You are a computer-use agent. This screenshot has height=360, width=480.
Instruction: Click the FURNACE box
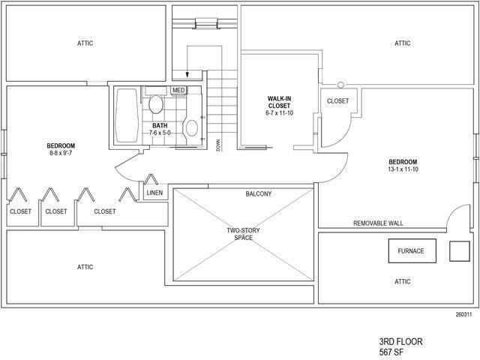tap(410, 250)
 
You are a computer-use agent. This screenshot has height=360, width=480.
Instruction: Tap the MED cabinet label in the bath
tap(178, 91)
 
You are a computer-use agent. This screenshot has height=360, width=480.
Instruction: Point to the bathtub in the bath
tap(127, 115)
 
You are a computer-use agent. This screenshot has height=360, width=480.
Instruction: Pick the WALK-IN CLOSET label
tap(279, 106)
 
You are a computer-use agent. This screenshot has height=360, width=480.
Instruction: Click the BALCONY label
tap(259, 194)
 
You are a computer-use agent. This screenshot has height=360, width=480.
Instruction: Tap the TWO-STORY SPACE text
tap(243, 234)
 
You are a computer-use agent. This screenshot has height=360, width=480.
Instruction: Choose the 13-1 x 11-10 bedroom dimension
tap(403, 170)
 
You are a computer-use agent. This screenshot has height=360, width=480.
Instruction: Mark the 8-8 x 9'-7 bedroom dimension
tap(61, 154)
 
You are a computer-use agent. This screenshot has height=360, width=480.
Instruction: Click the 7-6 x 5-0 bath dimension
tap(160, 133)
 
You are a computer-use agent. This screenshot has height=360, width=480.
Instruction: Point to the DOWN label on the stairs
tap(218, 145)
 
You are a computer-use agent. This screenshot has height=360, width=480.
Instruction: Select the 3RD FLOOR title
tap(401, 341)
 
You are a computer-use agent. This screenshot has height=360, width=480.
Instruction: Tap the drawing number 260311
tap(463, 315)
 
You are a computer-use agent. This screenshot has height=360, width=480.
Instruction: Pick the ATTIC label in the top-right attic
tap(403, 43)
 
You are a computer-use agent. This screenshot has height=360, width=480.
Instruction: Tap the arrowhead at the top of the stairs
tap(187, 74)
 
